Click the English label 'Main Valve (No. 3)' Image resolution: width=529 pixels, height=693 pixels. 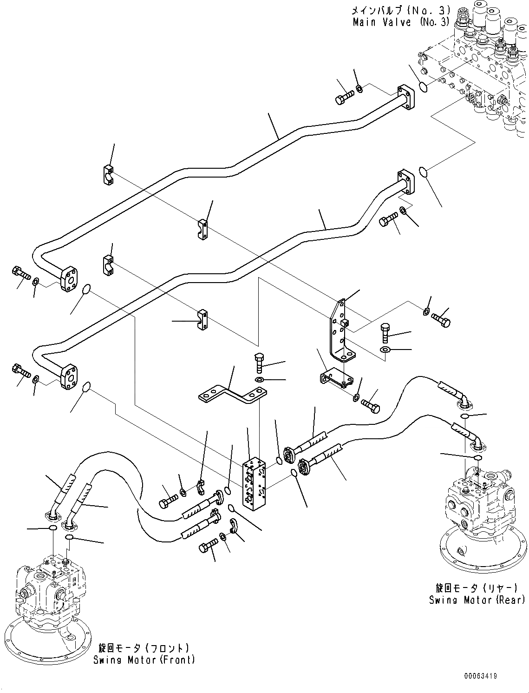(x=401, y=22)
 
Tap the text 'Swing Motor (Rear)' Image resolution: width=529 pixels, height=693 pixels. (x=477, y=600)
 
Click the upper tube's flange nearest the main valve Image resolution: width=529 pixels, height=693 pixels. (x=406, y=98)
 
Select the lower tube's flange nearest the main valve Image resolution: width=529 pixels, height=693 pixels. (x=406, y=183)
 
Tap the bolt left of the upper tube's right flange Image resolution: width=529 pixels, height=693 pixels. (x=344, y=96)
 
